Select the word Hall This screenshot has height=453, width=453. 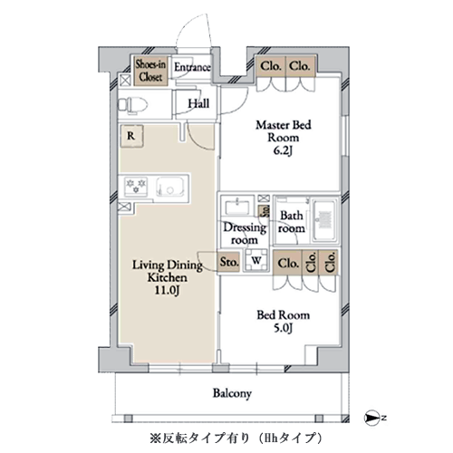tap(199, 104)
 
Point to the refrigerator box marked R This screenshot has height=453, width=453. tap(132, 137)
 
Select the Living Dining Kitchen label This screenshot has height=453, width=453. tap(161, 269)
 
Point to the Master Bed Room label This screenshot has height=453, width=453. tap(283, 131)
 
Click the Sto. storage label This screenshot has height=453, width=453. tap(229, 263)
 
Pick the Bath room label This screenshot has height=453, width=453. tap(291, 222)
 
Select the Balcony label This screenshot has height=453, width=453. tap(232, 394)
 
